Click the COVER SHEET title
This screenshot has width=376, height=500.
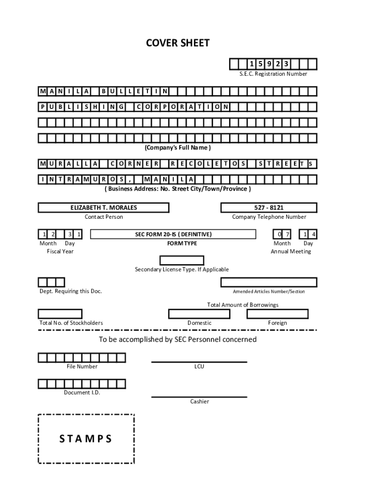[x=178, y=43]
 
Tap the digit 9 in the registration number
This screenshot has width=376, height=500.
[x=269, y=64]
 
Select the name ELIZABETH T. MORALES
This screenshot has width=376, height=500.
[x=104, y=208]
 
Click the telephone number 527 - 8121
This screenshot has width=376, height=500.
[x=269, y=208]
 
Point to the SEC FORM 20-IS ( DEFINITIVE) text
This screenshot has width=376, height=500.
[x=173, y=234]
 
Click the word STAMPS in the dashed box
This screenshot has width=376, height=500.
[x=86, y=439]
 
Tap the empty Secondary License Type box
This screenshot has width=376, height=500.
[x=182, y=261]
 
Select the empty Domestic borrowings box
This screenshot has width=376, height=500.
[x=199, y=314]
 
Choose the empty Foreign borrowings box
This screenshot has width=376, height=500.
[x=277, y=314]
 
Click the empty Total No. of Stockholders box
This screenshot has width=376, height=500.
[x=60, y=314]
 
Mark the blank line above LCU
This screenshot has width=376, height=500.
[x=199, y=362]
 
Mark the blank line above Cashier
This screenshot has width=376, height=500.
[x=199, y=397]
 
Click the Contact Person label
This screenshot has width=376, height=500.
[x=104, y=217]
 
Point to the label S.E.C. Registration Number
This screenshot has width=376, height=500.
[x=273, y=74]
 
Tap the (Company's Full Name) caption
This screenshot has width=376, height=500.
[x=178, y=147]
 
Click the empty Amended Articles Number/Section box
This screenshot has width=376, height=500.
[x=269, y=283]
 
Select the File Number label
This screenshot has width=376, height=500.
[x=82, y=366]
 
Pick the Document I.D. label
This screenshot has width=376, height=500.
[x=82, y=393]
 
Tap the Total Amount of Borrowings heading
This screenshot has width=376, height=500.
[x=243, y=305]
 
